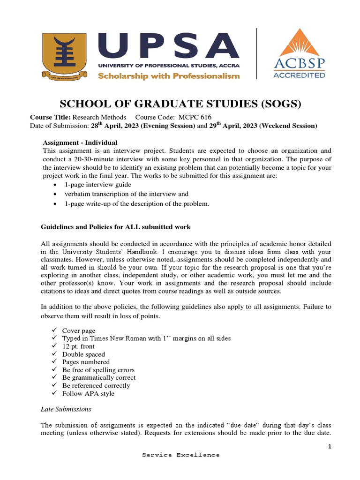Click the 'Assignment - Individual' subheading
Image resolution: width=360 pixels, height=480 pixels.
coord(80,142)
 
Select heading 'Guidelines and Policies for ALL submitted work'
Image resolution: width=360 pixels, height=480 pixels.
coord(116,227)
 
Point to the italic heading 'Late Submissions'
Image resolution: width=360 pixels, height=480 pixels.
coord(66,409)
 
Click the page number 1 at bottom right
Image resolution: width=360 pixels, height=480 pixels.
coord(330,446)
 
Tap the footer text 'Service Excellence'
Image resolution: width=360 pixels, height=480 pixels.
coord(181,455)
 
